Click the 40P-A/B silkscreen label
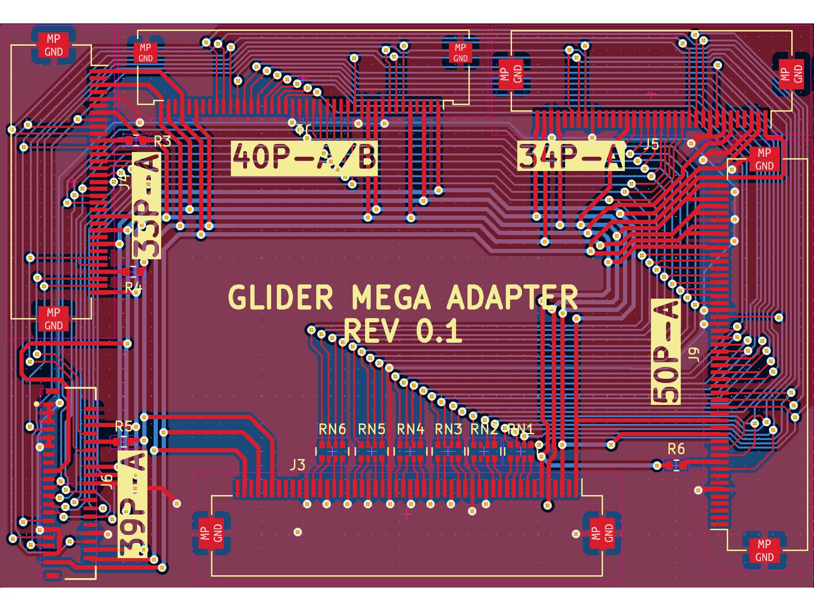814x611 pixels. (304, 157)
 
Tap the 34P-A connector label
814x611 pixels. (571, 156)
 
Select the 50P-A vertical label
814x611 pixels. (665, 351)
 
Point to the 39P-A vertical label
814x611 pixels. (133, 504)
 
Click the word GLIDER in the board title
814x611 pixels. (280, 297)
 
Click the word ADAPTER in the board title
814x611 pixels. (512, 297)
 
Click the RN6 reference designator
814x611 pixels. (332, 429)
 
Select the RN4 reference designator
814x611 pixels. (410, 429)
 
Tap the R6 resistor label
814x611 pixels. (676, 449)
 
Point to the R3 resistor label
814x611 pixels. (162, 142)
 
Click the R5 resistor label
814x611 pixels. (124, 426)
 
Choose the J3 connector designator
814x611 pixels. (297, 464)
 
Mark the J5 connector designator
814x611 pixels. (651, 144)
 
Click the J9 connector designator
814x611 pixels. (693, 354)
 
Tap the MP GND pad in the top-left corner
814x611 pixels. (53, 45)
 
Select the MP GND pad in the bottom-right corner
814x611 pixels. (764, 550)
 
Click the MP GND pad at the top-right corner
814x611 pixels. (791, 74)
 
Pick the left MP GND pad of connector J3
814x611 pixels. (211, 533)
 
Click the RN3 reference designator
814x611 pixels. (448, 429)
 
